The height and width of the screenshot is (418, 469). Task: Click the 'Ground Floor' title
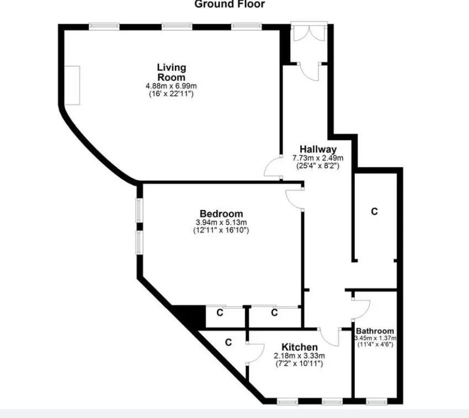[230, 4]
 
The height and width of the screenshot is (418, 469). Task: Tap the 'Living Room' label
[172, 72]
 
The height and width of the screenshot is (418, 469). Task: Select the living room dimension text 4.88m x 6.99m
[171, 86]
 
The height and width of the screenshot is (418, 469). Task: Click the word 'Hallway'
[318, 149]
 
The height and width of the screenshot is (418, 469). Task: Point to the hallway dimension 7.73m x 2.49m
[318, 158]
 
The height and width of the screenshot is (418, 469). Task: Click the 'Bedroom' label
[221, 214]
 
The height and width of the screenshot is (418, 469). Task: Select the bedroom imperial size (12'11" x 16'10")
[221, 230]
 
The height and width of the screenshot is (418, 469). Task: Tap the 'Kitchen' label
[300, 347]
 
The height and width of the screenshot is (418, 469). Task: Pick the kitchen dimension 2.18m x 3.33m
[300, 356]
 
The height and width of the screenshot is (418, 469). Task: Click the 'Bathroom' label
[375, 331]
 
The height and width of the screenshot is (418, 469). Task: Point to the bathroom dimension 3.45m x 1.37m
[375, 338]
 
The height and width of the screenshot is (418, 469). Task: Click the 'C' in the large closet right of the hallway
[374, 211]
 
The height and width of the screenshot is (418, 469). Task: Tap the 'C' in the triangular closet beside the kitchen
[228, 342]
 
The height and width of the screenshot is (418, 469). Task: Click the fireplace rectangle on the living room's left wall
[72, 86]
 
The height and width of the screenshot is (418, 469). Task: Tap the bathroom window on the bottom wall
[376, 401]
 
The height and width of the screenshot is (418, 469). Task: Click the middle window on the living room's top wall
[177, 27]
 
